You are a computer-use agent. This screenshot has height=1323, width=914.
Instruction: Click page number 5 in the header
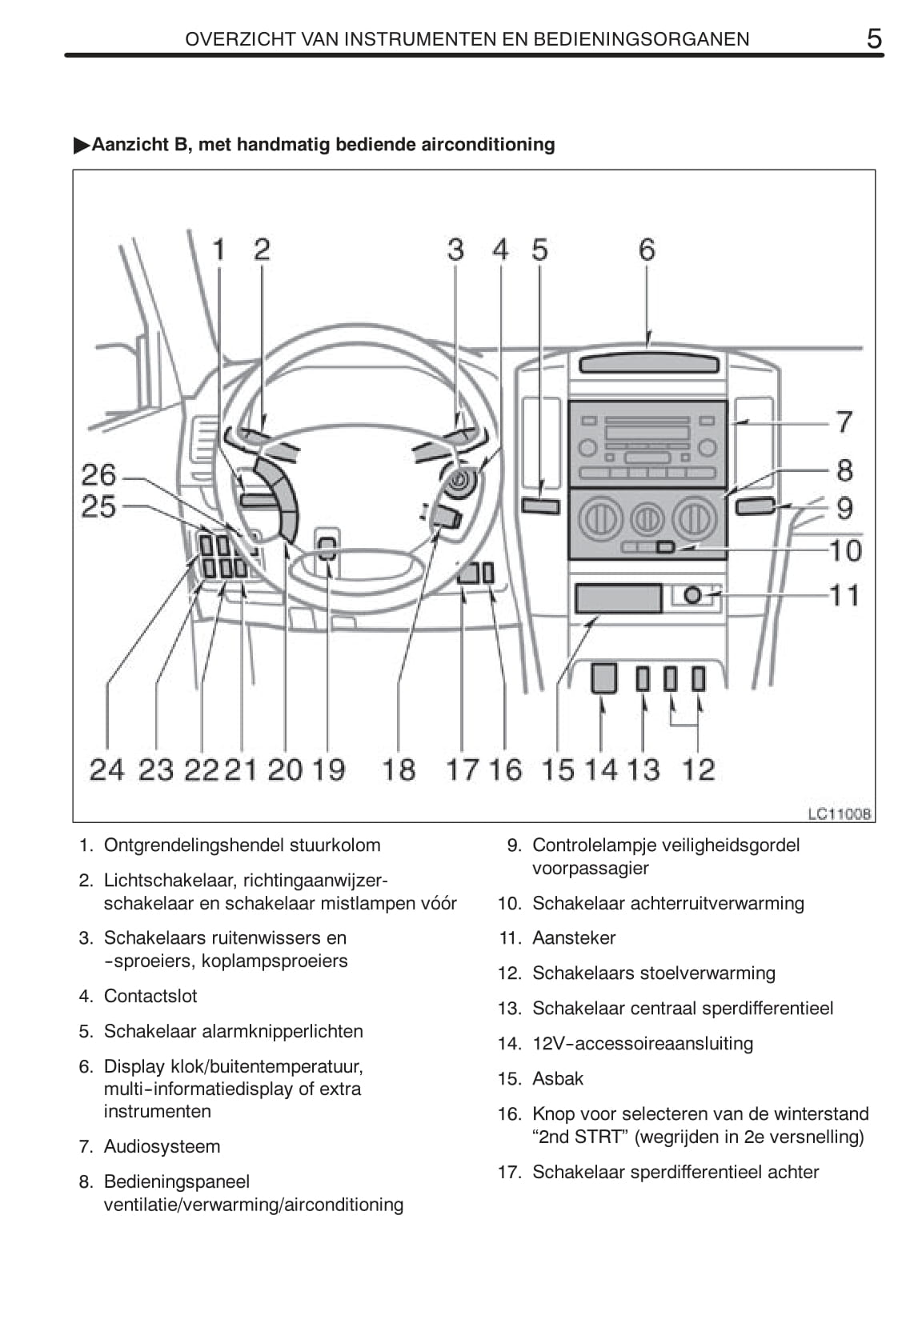tap(874, 38)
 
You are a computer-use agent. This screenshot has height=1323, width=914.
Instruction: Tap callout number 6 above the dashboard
tap(647, 250)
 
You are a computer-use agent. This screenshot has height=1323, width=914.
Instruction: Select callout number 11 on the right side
tap(844, 595)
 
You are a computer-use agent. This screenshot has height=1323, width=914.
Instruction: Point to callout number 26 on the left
tap(99, 475)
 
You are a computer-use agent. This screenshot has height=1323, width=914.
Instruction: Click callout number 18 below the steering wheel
tap(399, 769)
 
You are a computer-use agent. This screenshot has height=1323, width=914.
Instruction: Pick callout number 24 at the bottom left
tap(107, 769)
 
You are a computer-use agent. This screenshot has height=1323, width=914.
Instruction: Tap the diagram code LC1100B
tap(839, 813)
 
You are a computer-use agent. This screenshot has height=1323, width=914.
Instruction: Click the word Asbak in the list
tap(558, 1078)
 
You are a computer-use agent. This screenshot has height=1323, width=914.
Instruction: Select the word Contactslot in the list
tap(150, 996)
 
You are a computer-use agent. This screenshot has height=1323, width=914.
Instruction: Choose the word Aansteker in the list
tap(574, 937)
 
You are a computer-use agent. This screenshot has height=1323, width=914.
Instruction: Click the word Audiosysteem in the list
tap(162, 1146)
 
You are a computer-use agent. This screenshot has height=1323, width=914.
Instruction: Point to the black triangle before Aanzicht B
tap(81, 145)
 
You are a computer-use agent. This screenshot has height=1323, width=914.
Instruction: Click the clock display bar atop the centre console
tap(647, 365)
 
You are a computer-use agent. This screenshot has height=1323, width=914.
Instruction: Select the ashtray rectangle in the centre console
tap(618, 598)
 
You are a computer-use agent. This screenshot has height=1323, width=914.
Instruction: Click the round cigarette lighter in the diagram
tap(693, 596)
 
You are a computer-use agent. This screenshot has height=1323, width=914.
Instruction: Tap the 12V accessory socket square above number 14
tap(603, 678)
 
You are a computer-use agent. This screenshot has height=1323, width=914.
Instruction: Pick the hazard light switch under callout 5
tap(540, 506)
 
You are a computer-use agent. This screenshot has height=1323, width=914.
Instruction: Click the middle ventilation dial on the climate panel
tap(647, 519)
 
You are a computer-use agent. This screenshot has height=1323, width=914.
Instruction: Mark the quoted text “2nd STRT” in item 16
tap(579, 1137)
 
